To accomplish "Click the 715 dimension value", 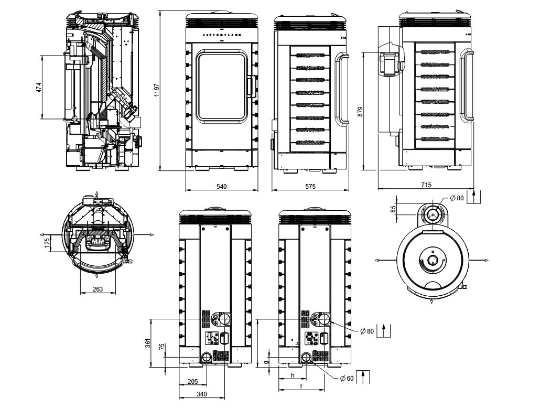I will click(x=426, y=185).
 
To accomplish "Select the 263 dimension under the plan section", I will click(x=98, y=289).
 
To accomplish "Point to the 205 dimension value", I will click(x=192, y=381).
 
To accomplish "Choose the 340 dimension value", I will click(x=201, y=394).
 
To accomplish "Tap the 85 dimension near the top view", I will click(x=393, y=209).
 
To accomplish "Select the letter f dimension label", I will click(x=301, y=386).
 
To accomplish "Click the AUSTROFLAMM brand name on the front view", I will click(x=221, y=35).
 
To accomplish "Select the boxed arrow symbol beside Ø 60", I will click(x=363, y=377).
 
